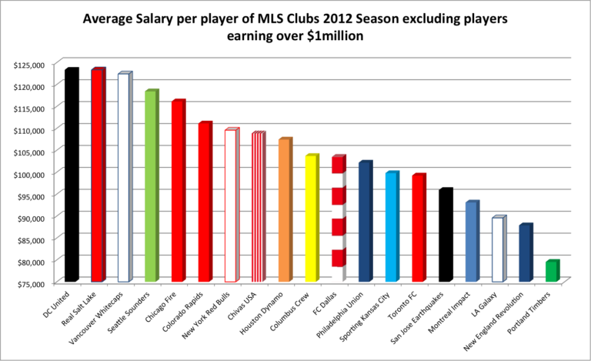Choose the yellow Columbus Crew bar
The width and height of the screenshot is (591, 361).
[311, 219]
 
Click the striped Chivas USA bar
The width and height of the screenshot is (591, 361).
[258, 207]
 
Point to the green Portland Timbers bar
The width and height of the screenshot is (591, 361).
[551, 272]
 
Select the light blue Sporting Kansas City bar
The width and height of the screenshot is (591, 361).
[392, 227]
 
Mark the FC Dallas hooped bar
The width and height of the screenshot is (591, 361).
[338, 219]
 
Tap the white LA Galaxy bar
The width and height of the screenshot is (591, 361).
[498, 249]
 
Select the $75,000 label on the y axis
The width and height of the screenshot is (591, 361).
[31, 283]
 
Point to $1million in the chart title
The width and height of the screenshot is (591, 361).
[369, 35]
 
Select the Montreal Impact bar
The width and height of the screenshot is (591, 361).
[471, 242]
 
